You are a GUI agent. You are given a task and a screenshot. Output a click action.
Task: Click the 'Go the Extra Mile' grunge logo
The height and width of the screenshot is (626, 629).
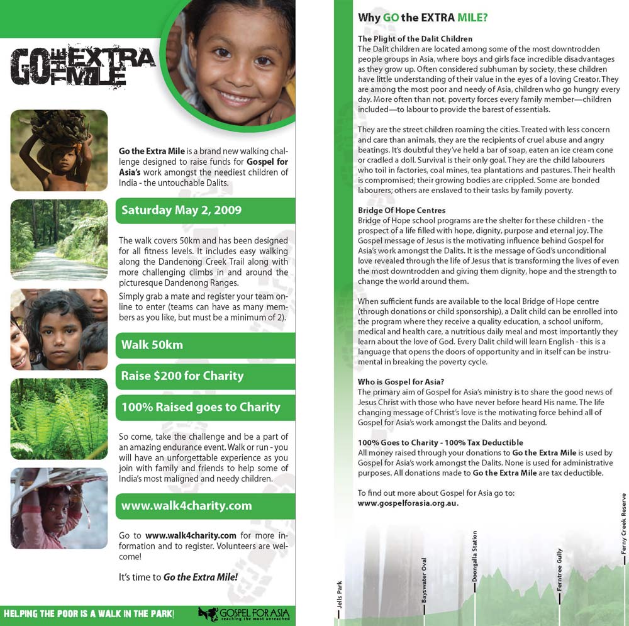coord(82,65)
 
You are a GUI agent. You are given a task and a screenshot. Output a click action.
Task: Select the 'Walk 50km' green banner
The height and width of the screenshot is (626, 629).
coord(152,345)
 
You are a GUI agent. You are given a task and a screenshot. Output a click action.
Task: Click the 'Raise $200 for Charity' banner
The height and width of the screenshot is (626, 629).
coord(182,376)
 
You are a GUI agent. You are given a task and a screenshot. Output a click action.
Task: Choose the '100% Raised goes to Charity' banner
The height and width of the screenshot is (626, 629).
coord(201,407)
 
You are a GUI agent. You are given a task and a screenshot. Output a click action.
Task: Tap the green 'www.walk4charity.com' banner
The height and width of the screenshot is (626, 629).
coord(186,506)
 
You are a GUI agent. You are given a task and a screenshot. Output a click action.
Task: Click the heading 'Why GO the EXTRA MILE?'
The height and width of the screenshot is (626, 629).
coord(422,18)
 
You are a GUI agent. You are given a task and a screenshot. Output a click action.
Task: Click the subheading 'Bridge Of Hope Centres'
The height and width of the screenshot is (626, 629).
coord(401,210)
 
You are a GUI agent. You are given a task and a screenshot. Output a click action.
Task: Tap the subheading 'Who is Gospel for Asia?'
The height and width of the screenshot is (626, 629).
coord(401,382)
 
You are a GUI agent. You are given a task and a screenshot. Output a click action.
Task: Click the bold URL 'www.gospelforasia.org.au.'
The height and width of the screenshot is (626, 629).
coord(408,503)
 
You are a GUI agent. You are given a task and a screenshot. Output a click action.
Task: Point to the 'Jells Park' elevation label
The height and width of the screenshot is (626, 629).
coord(340,598)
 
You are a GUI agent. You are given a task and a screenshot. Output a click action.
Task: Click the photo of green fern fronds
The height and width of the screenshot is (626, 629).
coord(59,418)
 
